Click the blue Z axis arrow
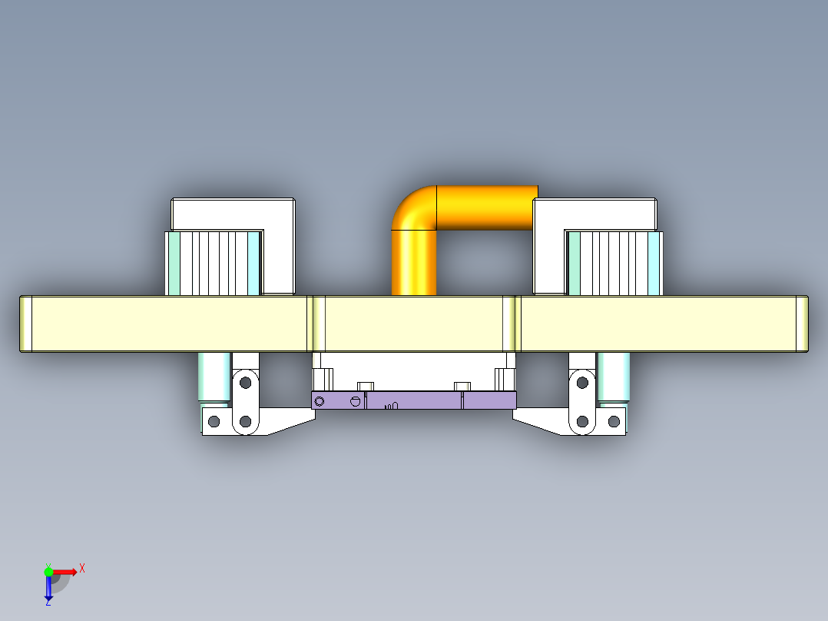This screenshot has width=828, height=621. click(48, 589)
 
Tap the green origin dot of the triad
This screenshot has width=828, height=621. click(48, 571)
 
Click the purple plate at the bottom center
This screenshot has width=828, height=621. click(414, 400)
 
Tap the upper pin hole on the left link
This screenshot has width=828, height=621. click(246, 381)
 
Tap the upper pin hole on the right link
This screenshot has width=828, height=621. click(582, 381)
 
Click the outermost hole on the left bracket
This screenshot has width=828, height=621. click(214, 421)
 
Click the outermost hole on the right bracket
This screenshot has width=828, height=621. click(614, 421)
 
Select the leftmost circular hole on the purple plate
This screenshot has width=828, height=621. click(320, 400)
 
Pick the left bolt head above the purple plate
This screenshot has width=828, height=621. click(366, 385)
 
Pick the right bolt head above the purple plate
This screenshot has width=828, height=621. click(462, 385)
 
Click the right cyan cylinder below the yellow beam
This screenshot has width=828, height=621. click(614, 377)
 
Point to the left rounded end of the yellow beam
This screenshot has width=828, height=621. click(25, 324)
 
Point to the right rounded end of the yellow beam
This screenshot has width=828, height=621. click(802, 324)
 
